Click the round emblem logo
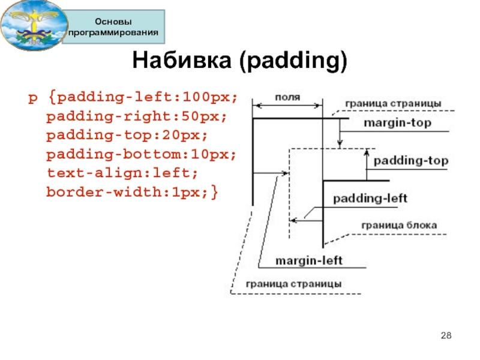34,25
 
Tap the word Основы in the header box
113,22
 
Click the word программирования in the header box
113,32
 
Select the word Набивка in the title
182,60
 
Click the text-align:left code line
122,173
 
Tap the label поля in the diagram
287,97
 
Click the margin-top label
397,123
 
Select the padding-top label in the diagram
411,161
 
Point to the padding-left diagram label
370,199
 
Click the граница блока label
399,226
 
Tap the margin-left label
308,261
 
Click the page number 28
446,335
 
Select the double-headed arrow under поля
287,106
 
